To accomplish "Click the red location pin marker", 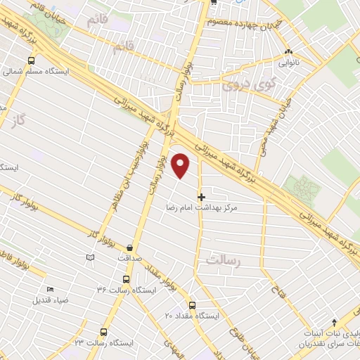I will tap(181, 167).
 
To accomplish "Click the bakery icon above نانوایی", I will tap(288, 52).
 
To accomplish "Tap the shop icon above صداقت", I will tap(131, 247).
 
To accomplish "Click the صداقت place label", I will tap(131, 258).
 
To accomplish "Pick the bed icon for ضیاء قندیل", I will tap(49, 290).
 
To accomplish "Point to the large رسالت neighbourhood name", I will tap(224, 261).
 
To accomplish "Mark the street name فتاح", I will tap(276, 284).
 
